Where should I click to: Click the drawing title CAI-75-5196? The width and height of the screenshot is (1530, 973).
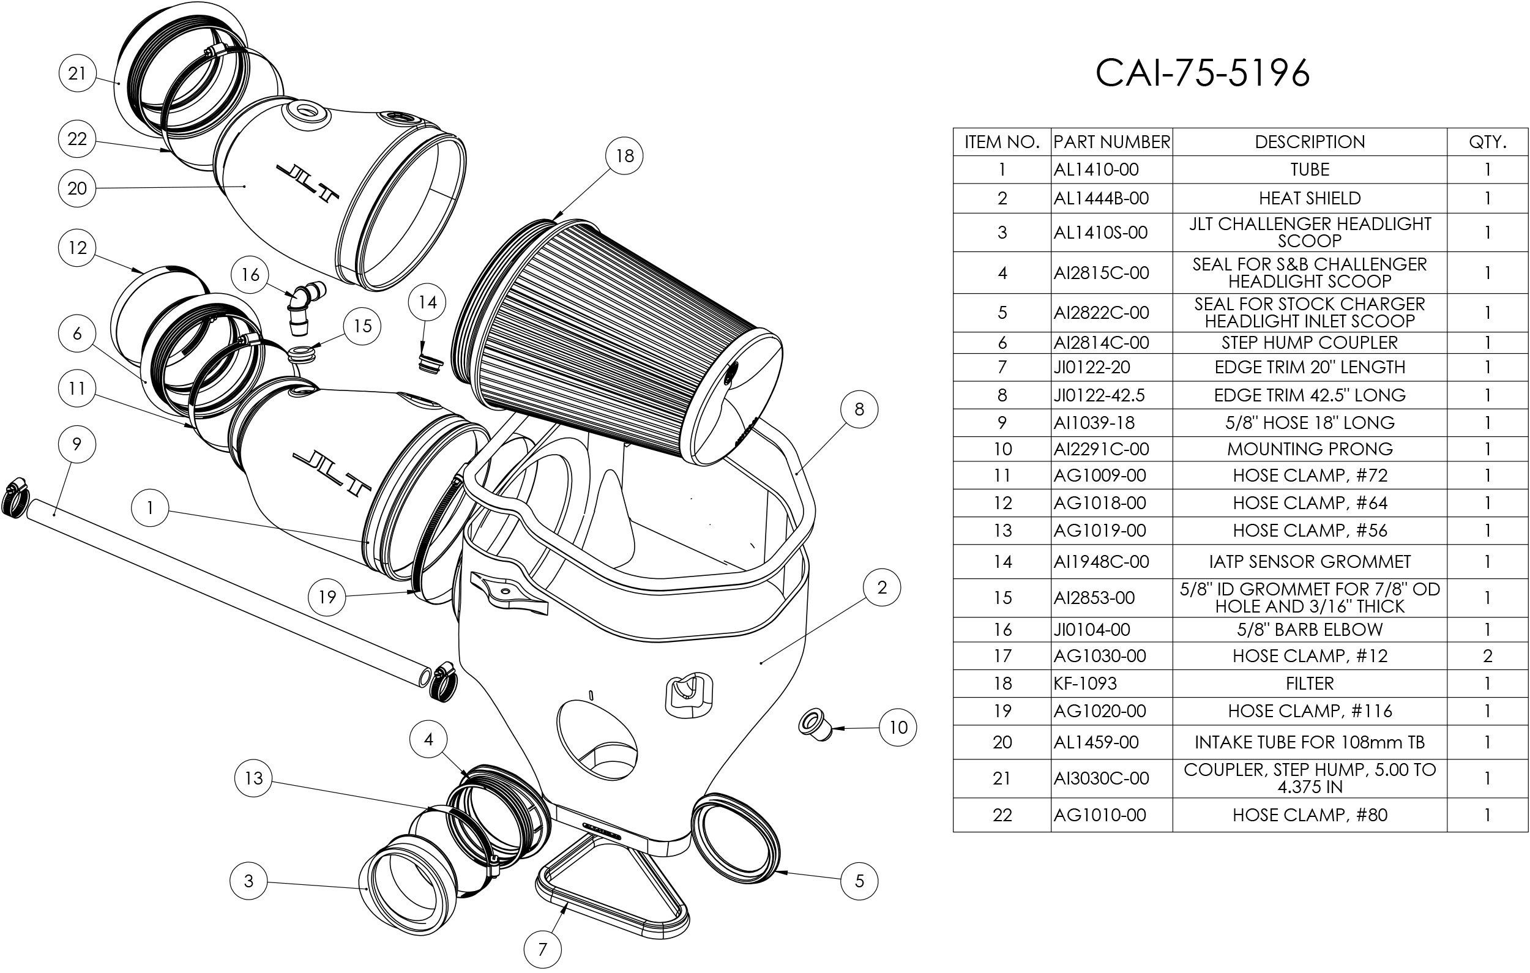[1202, 73]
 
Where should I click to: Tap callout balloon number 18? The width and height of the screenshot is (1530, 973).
[624, 155]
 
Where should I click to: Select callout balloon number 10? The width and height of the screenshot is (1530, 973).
[898, 727]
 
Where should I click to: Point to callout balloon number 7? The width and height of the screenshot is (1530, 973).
[542, 950]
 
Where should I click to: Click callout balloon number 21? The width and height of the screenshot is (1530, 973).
[77, 73]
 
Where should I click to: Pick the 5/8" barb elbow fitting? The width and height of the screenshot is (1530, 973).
[305, 305]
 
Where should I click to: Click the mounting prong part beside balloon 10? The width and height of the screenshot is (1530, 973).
[815, 725]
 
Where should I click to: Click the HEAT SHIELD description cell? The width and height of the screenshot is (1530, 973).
[1310, 198]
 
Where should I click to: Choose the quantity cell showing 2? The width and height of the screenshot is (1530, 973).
[1487, 656]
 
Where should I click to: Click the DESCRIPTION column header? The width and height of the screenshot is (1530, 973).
[1310, 142]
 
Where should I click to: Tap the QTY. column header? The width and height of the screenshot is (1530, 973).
[1487, 142]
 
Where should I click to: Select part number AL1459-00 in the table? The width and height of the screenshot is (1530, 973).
[1096, 742]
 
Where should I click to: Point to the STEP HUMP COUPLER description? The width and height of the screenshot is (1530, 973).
[1310, 343]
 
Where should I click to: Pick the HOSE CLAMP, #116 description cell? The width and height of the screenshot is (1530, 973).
[1310, 710]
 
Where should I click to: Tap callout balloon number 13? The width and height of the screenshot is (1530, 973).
[253, 778]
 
